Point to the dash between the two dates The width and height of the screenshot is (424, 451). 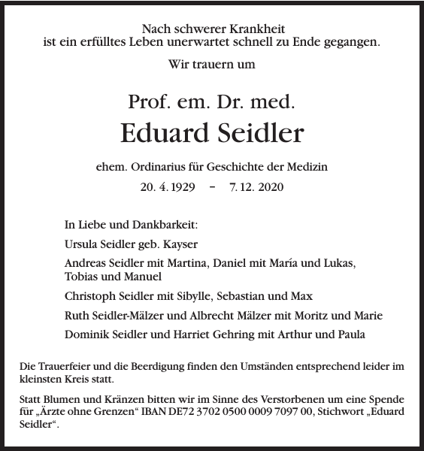coord(212,186)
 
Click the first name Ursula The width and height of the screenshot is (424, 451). coord(82,244)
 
